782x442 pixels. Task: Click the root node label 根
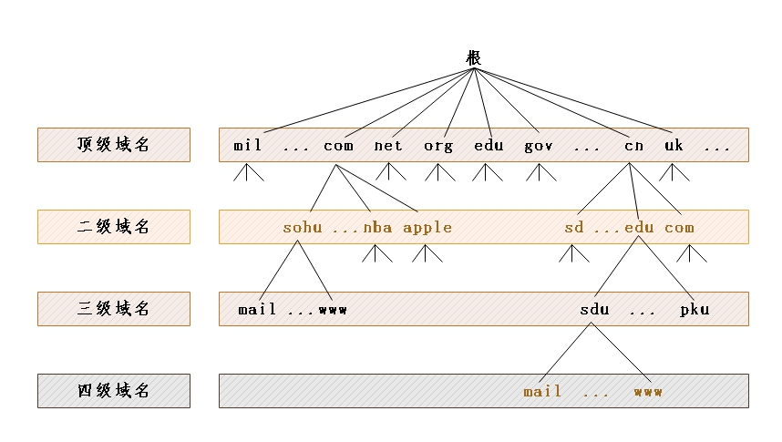(473, 57)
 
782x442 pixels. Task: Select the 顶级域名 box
(114, 145)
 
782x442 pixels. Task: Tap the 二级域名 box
(114, 227)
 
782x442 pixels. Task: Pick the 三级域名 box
(114, 309)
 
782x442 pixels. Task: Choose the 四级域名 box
(114, 391)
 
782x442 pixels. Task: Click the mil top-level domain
(247, 145)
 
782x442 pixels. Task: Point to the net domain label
(388, 146)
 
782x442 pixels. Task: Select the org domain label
(438, 146)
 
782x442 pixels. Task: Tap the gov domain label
(539, 146)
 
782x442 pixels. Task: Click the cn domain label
(633, 146)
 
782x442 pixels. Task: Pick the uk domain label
(674, 145)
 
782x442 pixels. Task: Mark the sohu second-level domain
(303, 228)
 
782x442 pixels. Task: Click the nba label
(377, 228)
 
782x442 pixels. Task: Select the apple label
(427, 228)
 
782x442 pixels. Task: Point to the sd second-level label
(573, 228)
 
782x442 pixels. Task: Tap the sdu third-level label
(594, 309)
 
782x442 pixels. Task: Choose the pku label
(695, 310)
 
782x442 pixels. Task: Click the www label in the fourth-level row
(648, 393)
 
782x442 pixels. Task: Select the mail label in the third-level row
(257, 309)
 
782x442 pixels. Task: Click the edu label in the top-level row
(489, 145)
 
